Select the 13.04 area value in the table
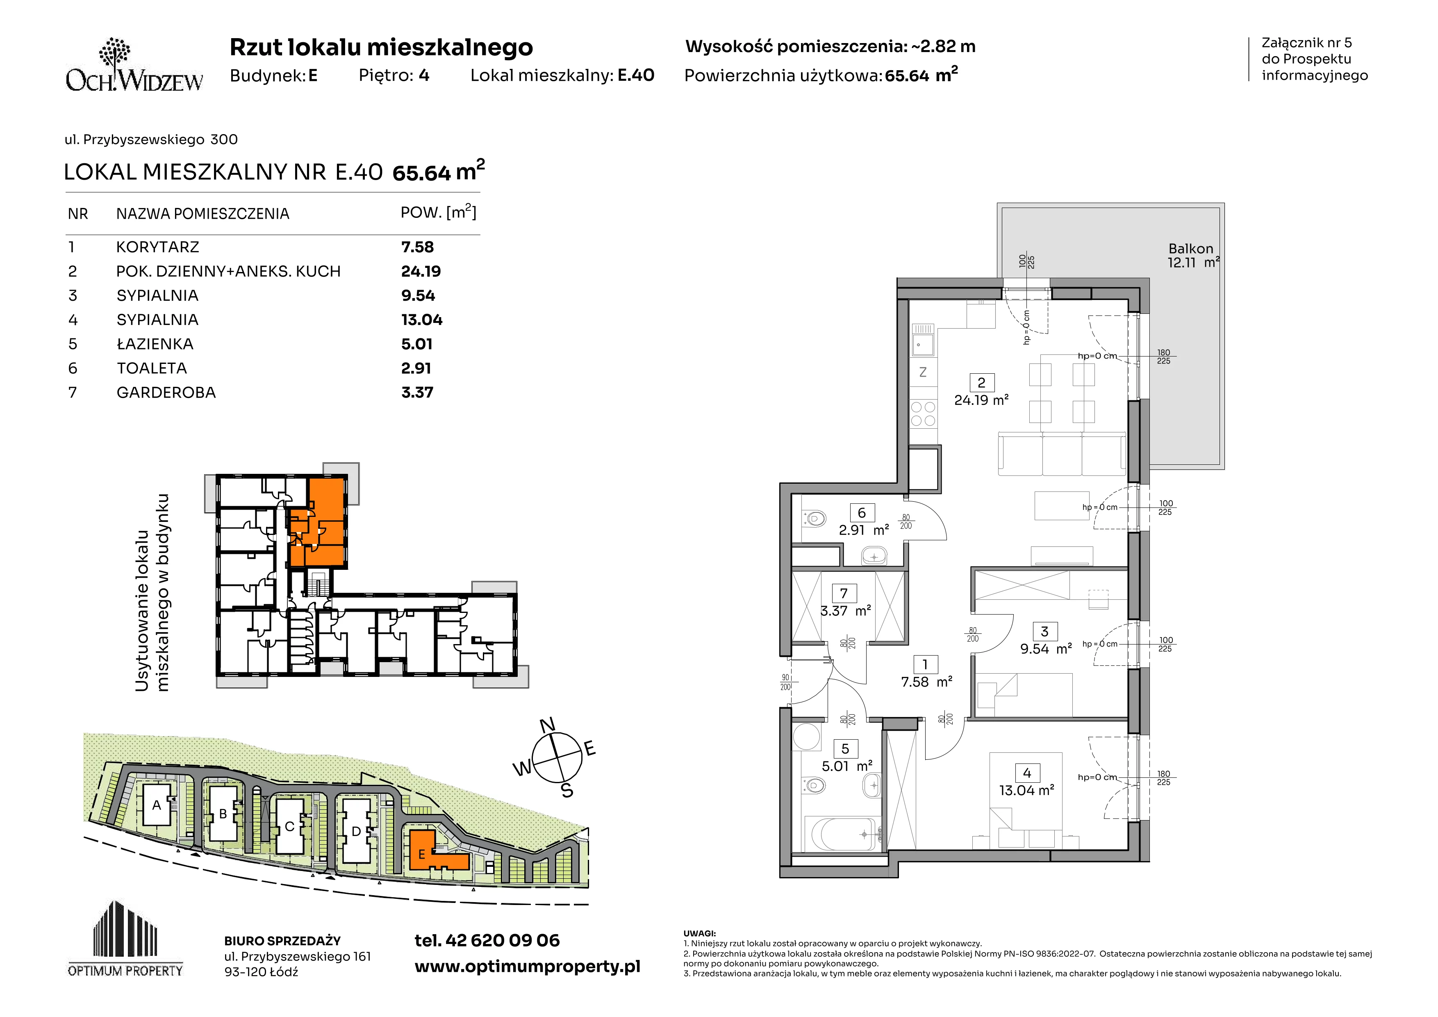click(421, 320)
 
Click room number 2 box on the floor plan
click(981, 382)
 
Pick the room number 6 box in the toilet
click(862, 512)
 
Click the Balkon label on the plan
click(1190, 249)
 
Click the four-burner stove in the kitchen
click(923, 414)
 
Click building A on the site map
click(157, 806)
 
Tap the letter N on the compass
click(547, 726)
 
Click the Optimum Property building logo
click(125, 939)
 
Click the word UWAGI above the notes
click(700, 934)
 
